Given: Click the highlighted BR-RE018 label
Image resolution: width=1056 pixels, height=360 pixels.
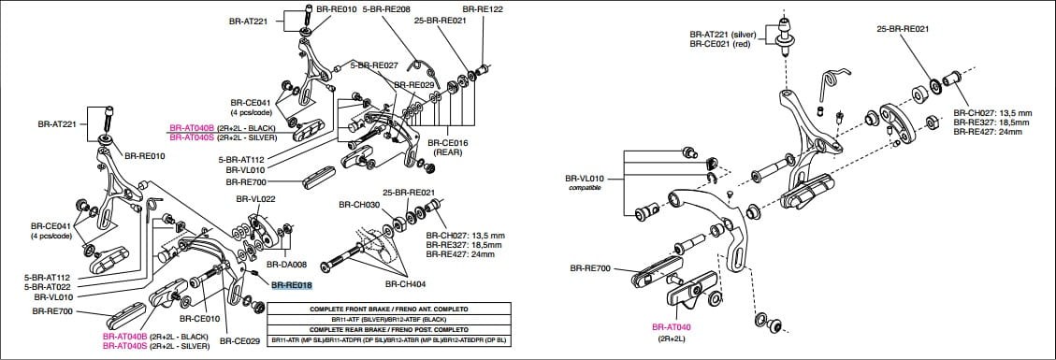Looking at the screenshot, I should click(291, 285).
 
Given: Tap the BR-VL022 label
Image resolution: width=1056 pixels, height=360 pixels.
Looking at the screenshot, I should click(254, 199).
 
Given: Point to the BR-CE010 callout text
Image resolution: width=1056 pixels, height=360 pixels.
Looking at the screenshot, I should click(192, 319).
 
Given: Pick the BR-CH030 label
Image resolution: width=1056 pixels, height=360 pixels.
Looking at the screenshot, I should click(360, 204).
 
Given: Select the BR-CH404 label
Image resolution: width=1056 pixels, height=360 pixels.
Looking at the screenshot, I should click(404, 282).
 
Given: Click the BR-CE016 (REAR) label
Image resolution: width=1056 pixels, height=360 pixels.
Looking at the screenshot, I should click(450, 148).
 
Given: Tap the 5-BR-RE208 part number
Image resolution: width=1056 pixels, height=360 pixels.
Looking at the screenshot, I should click(386, 8).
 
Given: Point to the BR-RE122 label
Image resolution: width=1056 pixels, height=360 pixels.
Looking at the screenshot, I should click(483, 8).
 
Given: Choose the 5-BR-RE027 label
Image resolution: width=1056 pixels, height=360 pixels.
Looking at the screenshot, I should click(374, 65).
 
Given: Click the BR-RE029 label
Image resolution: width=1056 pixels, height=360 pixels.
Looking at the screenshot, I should click(413, 84).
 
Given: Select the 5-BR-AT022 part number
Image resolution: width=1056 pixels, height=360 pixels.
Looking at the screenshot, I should click(47, 287).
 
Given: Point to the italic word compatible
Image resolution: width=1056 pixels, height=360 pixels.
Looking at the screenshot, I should click(584, 187).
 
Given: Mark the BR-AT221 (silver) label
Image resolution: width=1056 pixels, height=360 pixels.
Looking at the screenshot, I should click(722, 34).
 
